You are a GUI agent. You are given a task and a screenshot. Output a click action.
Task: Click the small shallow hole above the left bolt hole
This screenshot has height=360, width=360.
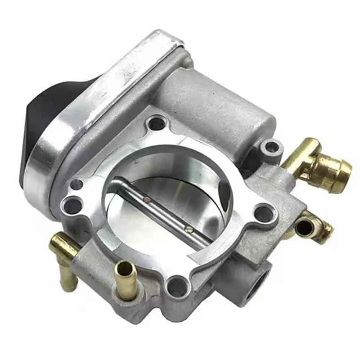tap(77, 184)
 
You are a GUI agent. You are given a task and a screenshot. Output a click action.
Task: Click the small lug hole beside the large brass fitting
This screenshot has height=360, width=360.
tap(270, 146)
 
